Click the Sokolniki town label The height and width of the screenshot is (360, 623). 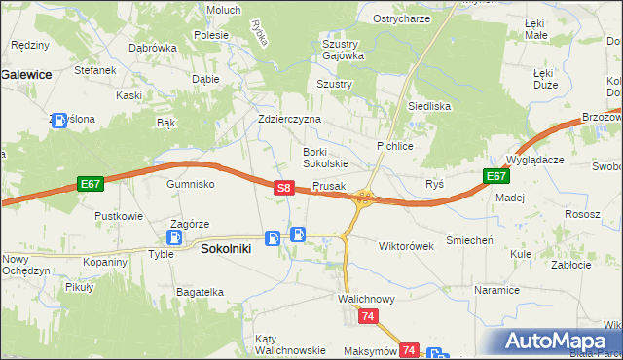point(226,248)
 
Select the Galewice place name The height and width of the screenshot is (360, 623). point(26,73)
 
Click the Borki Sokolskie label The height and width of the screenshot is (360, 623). point(325,158)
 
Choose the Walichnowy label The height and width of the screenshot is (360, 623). point(366,299)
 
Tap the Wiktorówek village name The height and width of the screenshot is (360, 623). point(405,246)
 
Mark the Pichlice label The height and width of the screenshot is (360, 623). point(395,145)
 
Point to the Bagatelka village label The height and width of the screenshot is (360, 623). point(201,291)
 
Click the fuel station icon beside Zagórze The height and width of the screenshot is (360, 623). point(175,236)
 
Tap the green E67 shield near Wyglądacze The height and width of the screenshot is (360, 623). point(495,176)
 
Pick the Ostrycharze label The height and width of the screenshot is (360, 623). point(401,19)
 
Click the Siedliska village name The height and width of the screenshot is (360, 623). point(428,106)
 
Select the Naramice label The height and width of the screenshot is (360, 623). point(495,290)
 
